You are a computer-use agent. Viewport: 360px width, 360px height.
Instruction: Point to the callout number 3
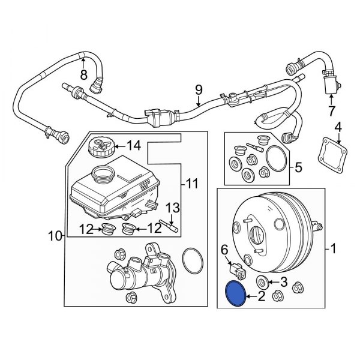(x=285, y=281)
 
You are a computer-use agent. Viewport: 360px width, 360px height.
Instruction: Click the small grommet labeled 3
(x=262, y=283)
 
